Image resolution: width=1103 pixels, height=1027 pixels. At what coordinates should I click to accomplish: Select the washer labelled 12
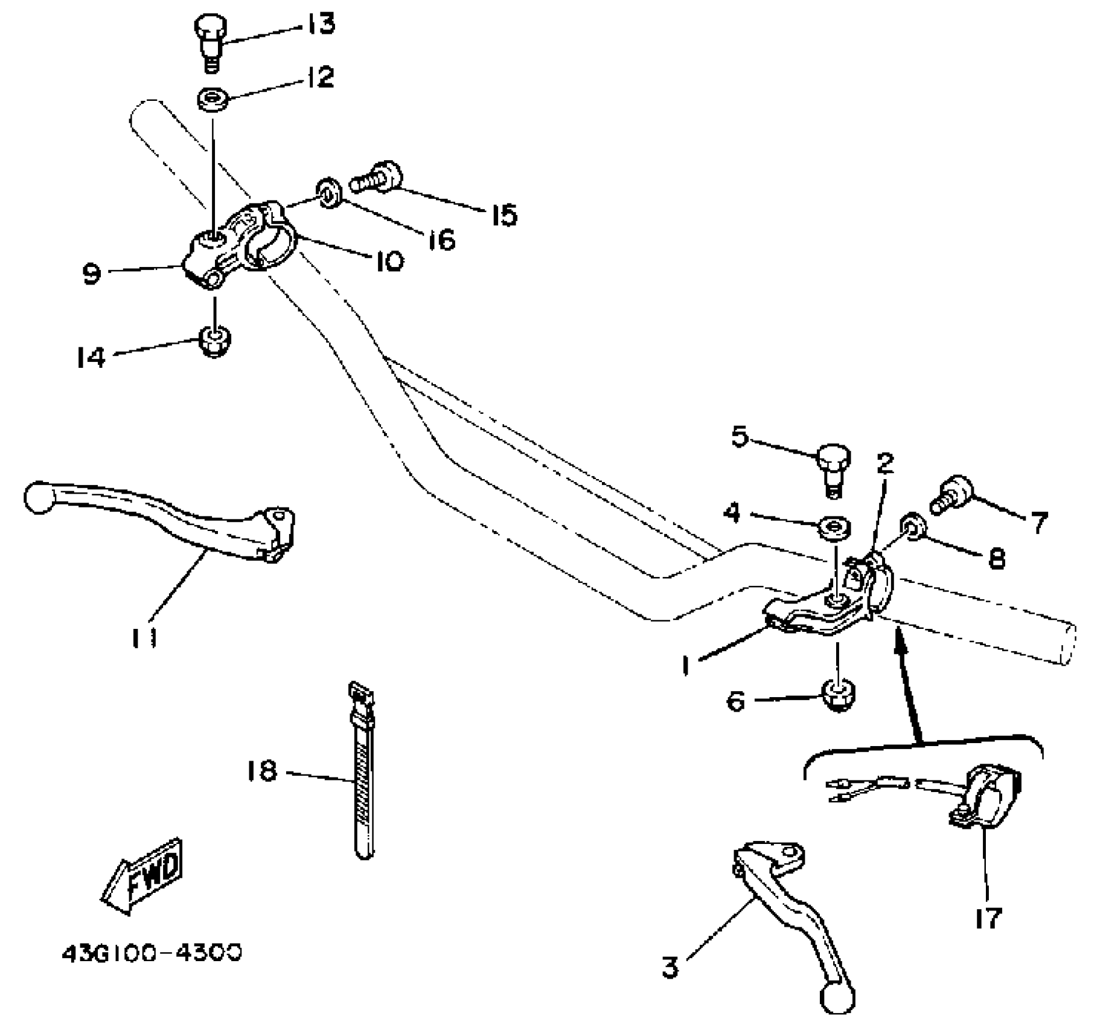coord(213,100)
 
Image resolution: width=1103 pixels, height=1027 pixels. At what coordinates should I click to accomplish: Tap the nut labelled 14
coord(214,341)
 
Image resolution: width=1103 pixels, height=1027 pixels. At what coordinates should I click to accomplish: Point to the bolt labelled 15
coord(377,176)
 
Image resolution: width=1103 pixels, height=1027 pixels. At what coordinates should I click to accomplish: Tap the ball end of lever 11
coord(39,497)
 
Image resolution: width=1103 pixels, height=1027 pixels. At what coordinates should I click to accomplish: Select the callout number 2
coord(885,463)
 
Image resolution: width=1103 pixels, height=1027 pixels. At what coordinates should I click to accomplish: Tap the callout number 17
coord(988,917)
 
